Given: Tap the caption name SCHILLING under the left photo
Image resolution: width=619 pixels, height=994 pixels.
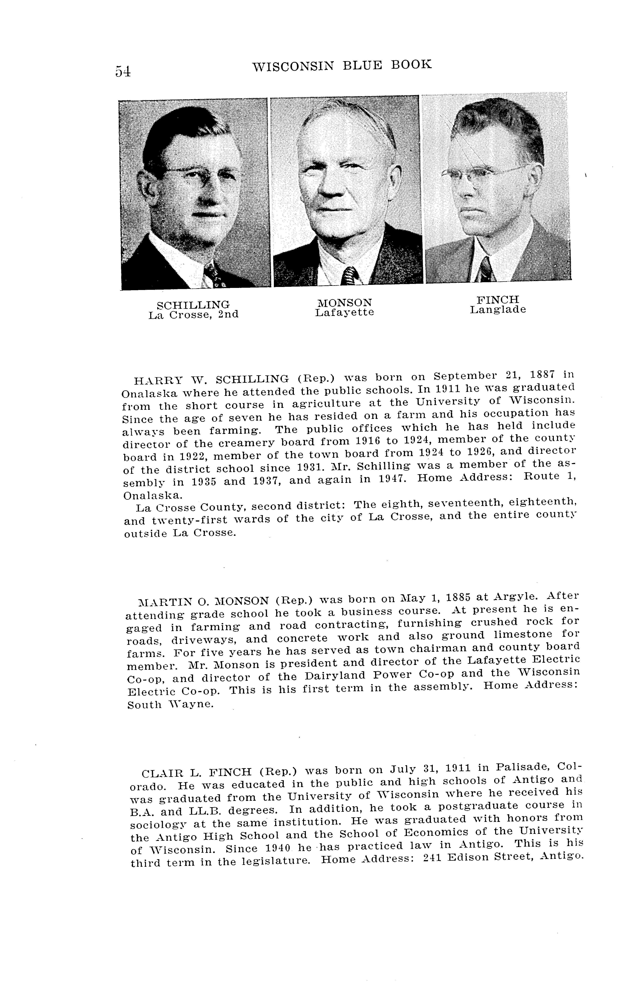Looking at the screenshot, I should [x=193, y=305].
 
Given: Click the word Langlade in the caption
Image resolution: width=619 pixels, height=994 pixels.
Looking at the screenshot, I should [x=498, y=310].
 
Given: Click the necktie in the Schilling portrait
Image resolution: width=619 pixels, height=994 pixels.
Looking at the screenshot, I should [x=213, y=275].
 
